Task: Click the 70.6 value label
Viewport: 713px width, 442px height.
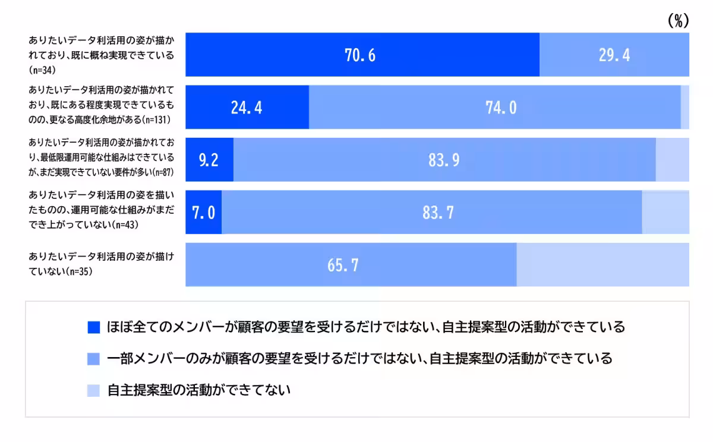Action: click(x=360, y=55)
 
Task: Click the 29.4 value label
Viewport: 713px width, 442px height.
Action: click(x=614, y=55)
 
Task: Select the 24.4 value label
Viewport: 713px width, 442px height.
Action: click(x=247, y=108)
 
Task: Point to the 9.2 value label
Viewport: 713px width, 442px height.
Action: click(x=209, y=160)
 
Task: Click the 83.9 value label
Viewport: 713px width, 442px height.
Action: click(x=444, y=160)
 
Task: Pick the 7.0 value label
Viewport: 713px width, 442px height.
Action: click(x=203, y=212)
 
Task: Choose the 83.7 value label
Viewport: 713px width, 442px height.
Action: click(x=438, y=212)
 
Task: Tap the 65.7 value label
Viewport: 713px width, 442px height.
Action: click(x=343, y=265)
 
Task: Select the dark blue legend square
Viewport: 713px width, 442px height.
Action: click(x=93, y=327)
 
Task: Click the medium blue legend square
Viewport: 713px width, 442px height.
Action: click(x=93, y=359)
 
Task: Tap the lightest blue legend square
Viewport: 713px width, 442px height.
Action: click(x=93, y=390)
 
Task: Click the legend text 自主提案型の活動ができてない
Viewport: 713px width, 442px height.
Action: click(x=199, y=390)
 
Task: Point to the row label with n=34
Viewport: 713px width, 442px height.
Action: click(x=101, y=55)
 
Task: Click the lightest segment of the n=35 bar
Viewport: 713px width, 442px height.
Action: click(x=602, y=265)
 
